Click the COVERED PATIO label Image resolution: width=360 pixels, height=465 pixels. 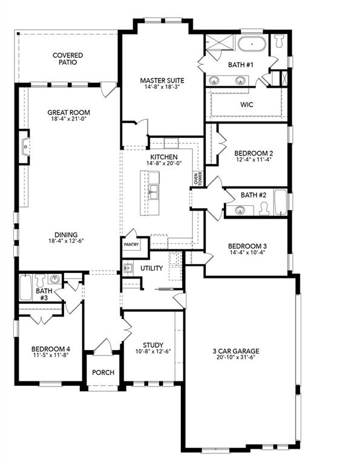point(67,59)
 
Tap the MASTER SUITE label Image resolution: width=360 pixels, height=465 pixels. point(162,80)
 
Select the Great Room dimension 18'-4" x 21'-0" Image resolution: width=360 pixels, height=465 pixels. point(69,119)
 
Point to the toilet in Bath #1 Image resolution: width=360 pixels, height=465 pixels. point(279,42)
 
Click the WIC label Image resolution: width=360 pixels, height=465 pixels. point(246,105)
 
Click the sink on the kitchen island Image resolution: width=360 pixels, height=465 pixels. point(154,193)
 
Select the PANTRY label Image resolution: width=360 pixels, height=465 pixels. point(131,245)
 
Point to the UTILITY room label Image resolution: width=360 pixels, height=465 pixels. point(151,268)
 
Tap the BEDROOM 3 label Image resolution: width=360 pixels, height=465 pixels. point(247,246)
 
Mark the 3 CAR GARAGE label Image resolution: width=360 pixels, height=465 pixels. point(235,351)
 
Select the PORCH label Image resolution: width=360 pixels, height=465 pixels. point(103,372)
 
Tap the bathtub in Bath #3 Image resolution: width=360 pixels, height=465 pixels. point(25,288)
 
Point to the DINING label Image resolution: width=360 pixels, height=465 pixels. point(66,235)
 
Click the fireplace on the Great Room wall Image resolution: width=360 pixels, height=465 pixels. point(24,146)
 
